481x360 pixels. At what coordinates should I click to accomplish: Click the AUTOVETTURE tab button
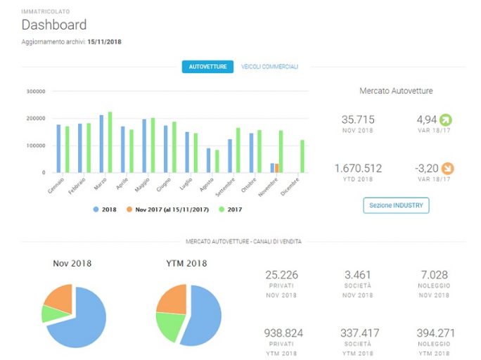point(207,67)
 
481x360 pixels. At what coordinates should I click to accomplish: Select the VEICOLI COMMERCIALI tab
point(269,67)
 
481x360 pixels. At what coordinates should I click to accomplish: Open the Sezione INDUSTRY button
point(396,205)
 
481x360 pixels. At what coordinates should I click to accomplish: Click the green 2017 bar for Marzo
point(110,142)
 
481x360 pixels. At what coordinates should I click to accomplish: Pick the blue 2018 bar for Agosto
point(209,160)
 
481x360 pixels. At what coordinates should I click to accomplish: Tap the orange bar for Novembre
point(277,168)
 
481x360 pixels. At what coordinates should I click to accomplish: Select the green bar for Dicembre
point(302,156)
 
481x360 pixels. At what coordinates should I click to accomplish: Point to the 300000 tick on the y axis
point(36,91)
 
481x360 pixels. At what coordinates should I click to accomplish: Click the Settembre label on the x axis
point(225,187)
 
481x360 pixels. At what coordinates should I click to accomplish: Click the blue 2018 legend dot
point(96,210)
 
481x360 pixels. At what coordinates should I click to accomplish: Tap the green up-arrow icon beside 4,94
point(446,120)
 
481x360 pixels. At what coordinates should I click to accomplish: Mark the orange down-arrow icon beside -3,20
point(447,168)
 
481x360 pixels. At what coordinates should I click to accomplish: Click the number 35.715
point(358,120)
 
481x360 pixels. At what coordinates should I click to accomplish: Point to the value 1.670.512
point(358,168)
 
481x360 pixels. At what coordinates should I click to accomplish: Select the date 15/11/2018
point(104,41)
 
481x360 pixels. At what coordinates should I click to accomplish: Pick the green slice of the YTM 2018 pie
point(169,325)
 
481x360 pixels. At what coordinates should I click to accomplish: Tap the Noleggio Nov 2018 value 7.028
point(434,275)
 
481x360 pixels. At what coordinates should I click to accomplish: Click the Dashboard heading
point(54,25)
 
